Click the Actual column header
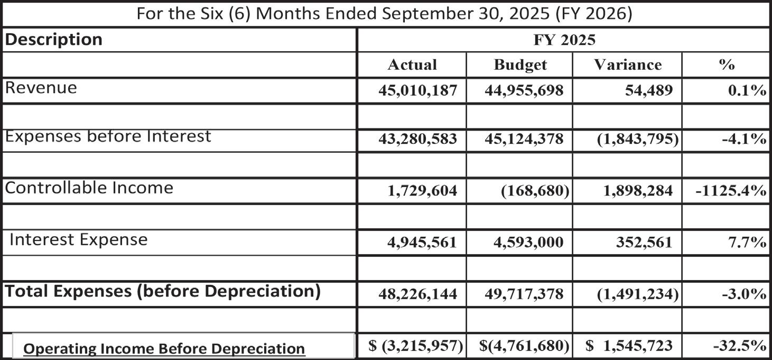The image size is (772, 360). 412,64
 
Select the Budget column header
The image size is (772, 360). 520,64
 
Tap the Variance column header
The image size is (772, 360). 627,64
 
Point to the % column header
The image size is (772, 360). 727,64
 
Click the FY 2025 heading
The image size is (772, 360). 563,40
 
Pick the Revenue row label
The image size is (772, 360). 41,87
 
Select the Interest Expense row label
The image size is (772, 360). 79,239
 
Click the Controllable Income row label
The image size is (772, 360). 89,188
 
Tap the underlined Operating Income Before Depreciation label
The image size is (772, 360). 164,348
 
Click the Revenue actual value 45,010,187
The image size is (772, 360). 417,90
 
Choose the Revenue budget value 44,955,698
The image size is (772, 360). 524,90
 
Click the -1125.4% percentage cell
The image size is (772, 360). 731,191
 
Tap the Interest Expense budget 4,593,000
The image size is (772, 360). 524,242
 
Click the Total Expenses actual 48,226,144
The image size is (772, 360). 417,294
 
